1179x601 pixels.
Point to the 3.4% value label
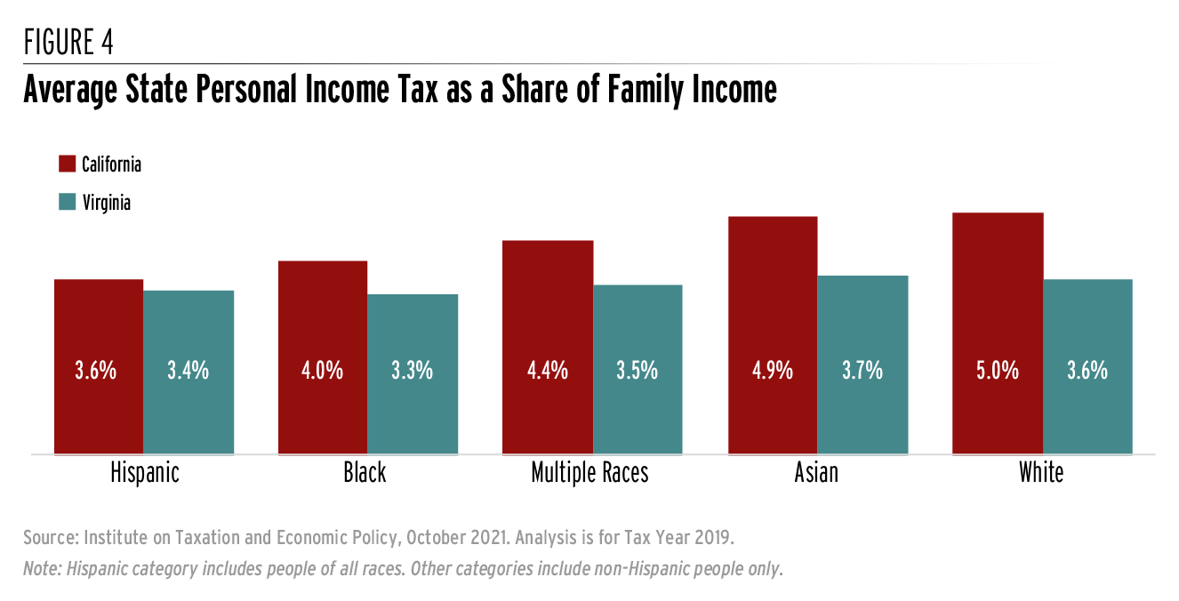(188, 371)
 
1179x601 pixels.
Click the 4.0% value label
(323, 371)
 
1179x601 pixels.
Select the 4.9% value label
(772, 371)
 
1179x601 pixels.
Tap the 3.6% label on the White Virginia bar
(1087, 371)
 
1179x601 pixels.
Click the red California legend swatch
(67, 164)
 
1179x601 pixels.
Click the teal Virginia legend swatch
(67, 203)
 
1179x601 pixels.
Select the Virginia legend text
(107, 203)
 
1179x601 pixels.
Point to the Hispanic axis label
(145, 473)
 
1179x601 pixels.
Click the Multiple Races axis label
(589, 473)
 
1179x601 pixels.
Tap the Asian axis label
(816, 473)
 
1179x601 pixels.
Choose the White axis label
(1041, 473)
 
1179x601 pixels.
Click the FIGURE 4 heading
(68, 43)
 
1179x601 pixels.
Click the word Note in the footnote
(42, 569)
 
